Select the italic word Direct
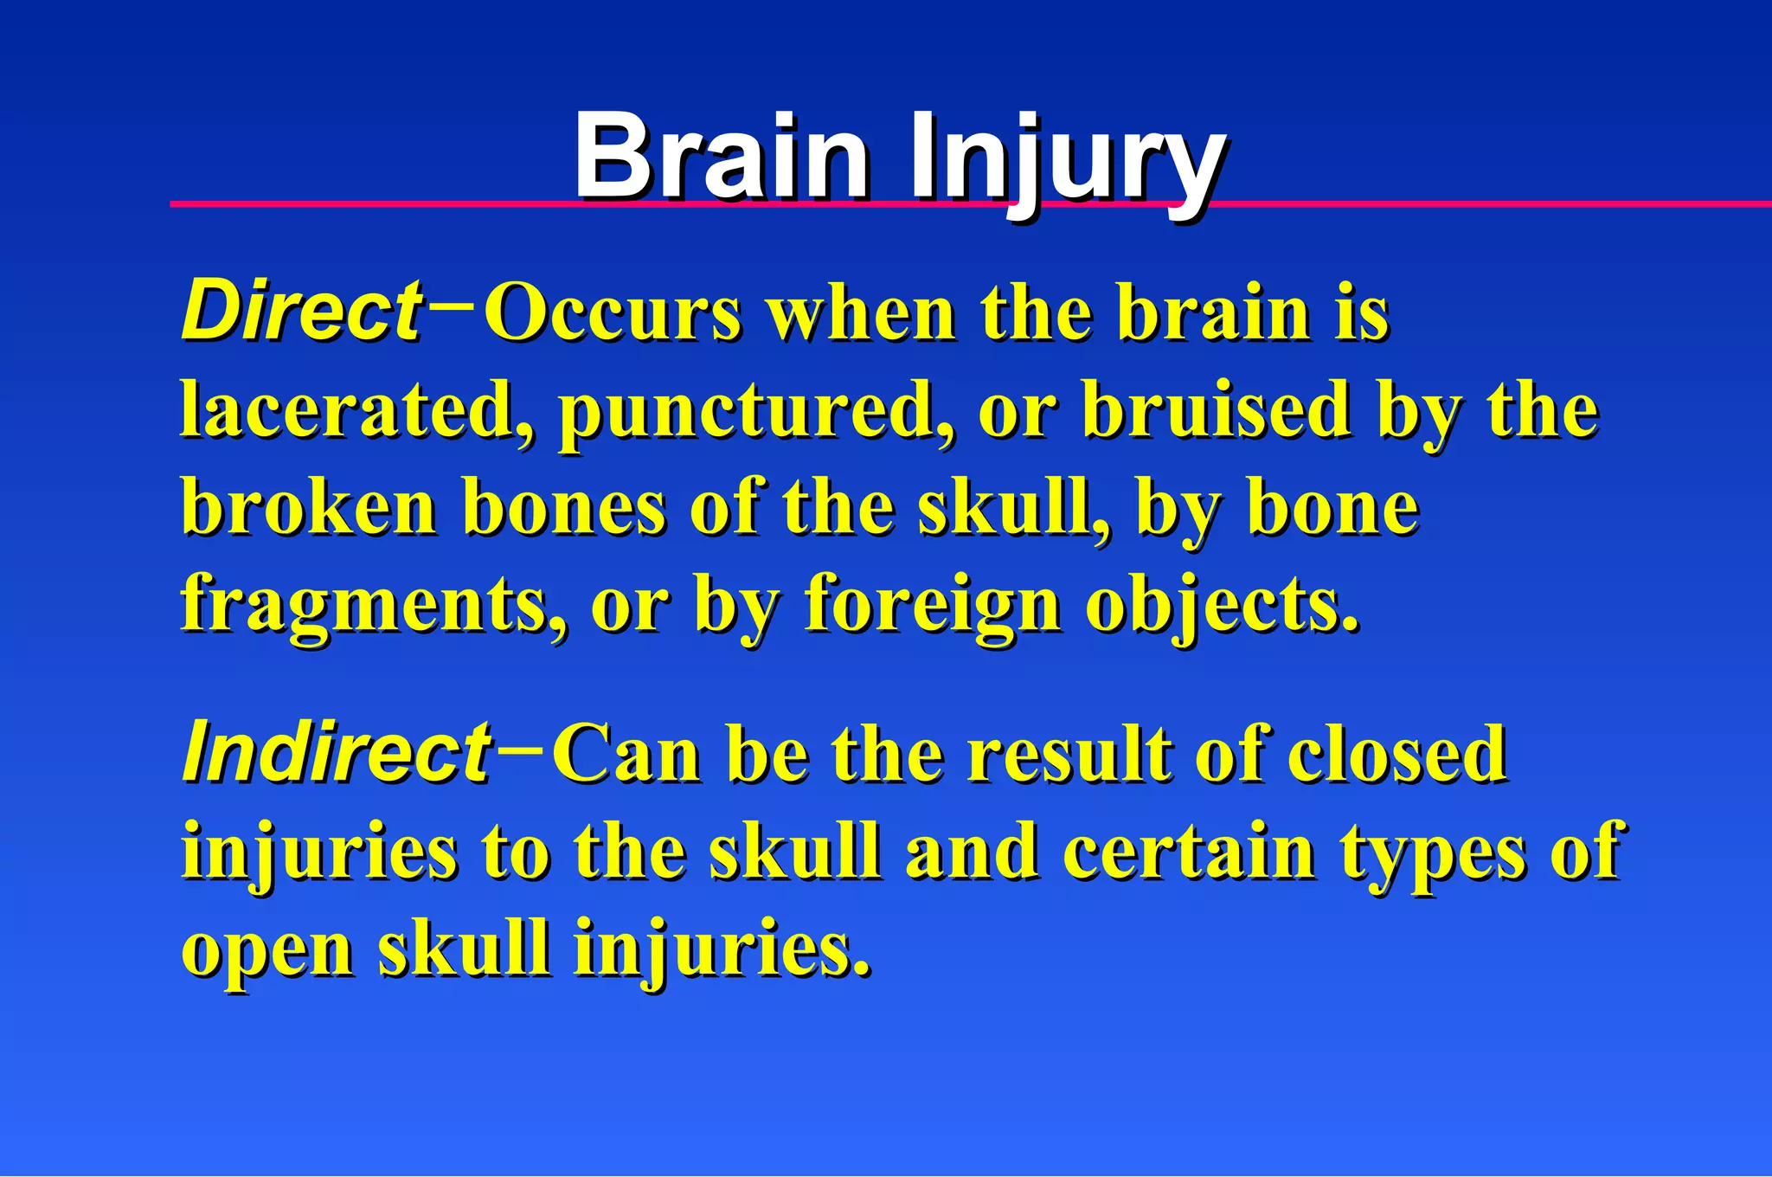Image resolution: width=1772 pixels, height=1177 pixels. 302,312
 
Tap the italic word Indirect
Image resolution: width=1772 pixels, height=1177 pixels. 337,753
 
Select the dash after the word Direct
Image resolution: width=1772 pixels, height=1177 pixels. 451,304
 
